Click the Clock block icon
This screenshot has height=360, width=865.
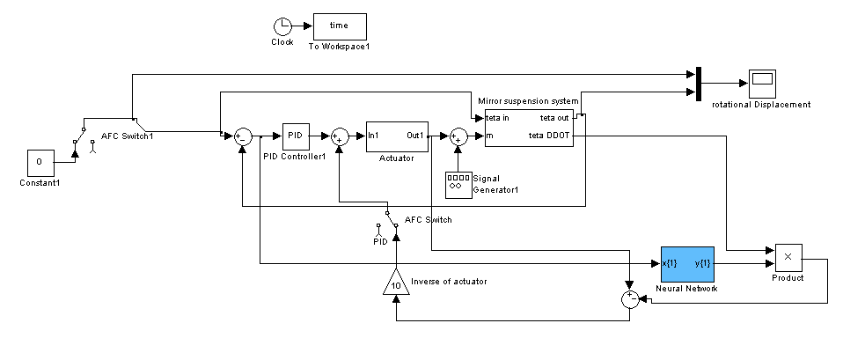[x=282, y=26]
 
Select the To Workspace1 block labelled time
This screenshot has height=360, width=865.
[x=340, y=26]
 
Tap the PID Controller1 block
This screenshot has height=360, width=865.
[x=295, y=136]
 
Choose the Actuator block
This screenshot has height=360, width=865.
[x=397, y=136]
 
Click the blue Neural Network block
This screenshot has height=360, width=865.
[x=687, y=264]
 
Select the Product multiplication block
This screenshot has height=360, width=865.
[x=788, y=256]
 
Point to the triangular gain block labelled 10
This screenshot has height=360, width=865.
[x=396, y=283]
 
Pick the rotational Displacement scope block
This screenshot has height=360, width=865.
[x=761, y=83]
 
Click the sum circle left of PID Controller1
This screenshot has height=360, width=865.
[x=242, y=136]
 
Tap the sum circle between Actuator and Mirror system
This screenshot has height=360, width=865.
[x=458, y=136]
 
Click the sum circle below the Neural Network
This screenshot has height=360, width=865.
[x=629, y=299]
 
